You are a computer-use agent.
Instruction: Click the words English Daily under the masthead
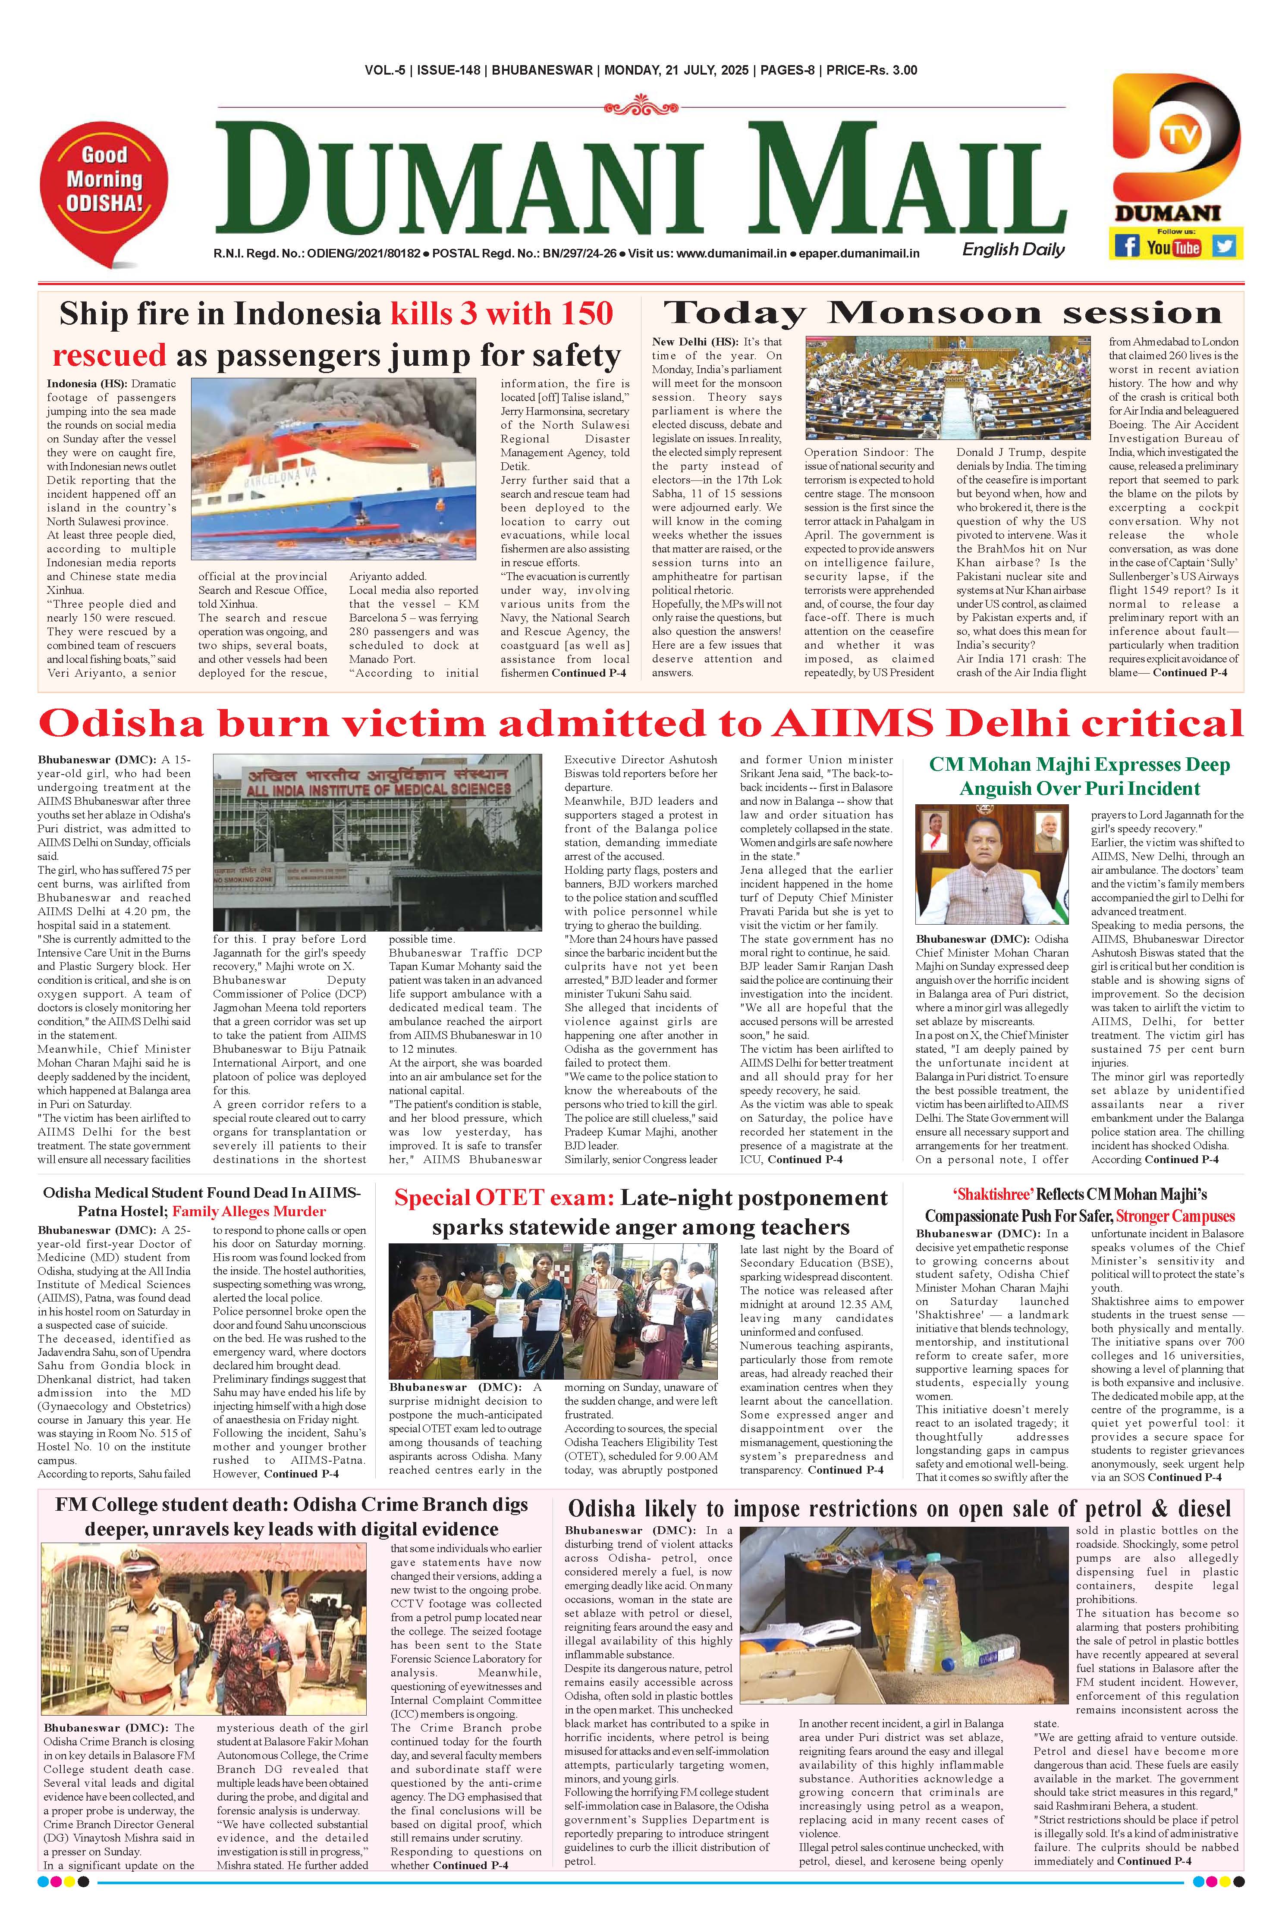(x=1014, y=249)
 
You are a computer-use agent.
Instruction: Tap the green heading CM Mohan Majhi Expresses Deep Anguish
(x=1079, y=777)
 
